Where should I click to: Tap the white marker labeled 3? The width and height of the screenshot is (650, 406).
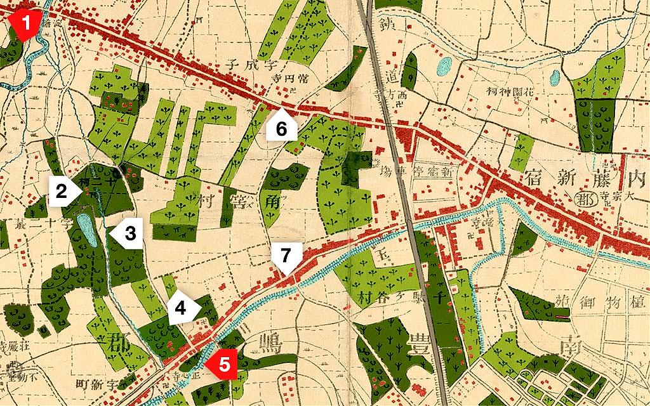tap(127, 233)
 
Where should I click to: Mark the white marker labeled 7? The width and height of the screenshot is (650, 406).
tap(286, 258)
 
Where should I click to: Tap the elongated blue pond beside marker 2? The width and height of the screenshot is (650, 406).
tap(86, 230)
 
